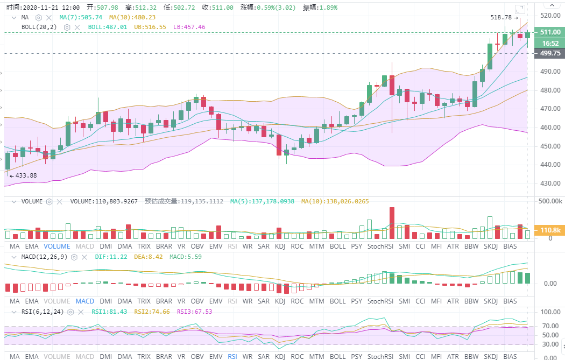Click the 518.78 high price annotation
click(501, 17)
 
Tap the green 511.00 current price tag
click(550, 32)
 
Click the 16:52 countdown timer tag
click(550, 43)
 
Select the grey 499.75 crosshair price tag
click(550, 53)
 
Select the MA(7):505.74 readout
click(81, 17)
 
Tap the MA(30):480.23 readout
click(129, 17)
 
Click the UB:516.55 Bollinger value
click(150, 26)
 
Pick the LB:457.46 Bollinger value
click(189, 26)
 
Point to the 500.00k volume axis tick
click(550, 201)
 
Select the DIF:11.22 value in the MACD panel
click(111, 257)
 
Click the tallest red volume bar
click(392, 223)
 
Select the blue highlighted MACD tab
click(85, 301)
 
